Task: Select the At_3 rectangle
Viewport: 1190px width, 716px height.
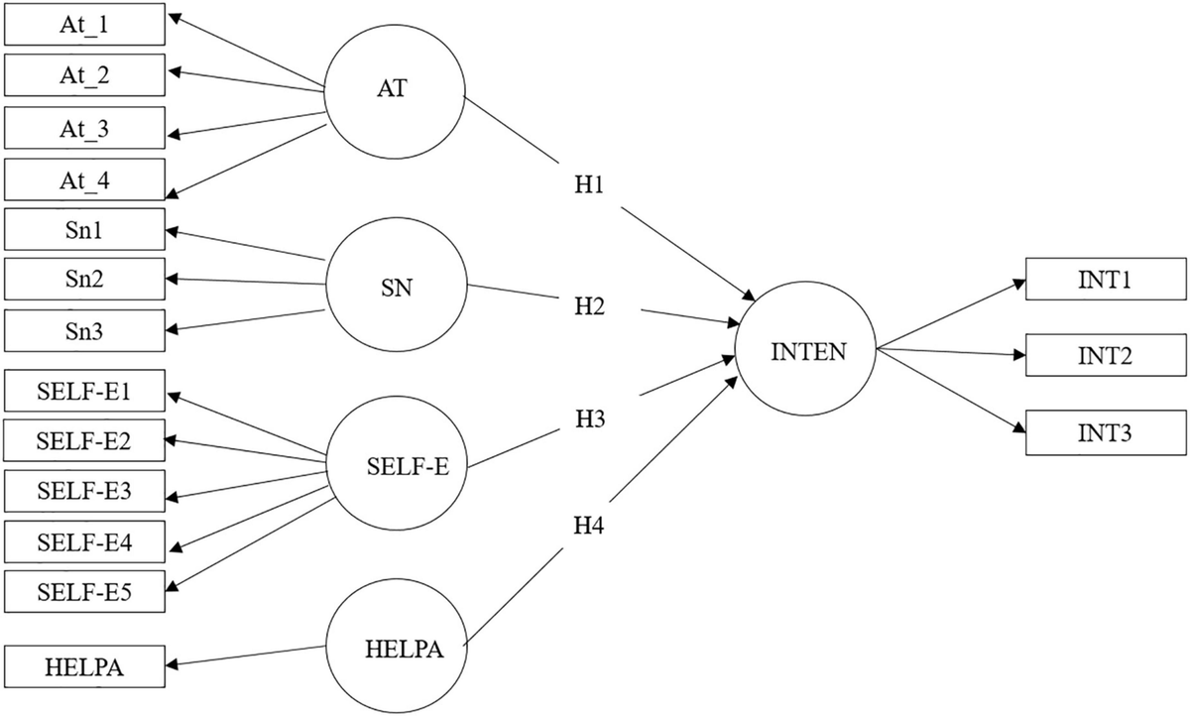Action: [x=84, y=128]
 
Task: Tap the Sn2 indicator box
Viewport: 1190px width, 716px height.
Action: [x=84, y=279]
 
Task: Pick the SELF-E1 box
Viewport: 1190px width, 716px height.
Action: [x=84, y=393]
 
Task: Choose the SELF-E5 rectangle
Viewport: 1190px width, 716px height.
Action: [x=84, y=594]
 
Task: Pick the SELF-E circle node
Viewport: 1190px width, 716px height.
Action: [x=396, y=466]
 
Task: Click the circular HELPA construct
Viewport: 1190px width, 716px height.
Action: [x=396, y=651]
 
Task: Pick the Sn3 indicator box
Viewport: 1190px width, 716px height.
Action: [x=84, y=329]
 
